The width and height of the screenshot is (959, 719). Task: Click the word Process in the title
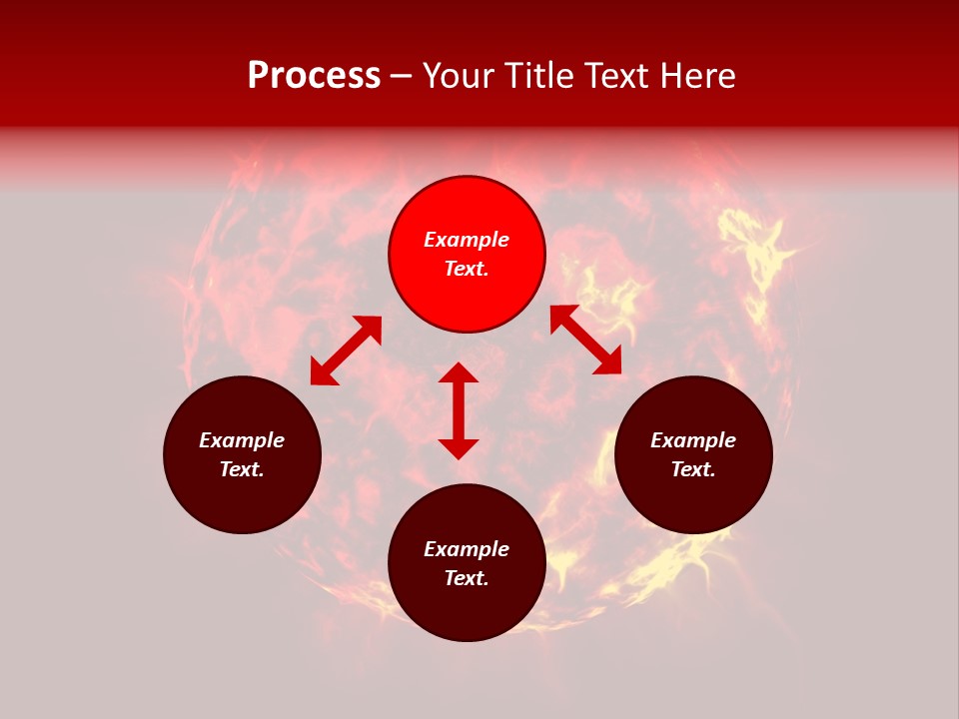point(314,76)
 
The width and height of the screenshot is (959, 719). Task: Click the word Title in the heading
point(538,76)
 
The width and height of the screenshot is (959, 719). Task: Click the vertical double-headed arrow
point(459,410)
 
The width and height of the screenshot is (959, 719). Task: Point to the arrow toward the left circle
point(346,350)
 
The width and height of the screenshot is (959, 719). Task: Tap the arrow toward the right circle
point(585,340)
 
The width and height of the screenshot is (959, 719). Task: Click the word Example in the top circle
point(467,240)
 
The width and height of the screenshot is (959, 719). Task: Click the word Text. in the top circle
point(467,269)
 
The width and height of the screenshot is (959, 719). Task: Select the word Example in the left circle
point(242,440)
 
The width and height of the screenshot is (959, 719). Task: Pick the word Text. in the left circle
point(242,469)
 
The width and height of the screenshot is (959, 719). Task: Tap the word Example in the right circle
point(693,440)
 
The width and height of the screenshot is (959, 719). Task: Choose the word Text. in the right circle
point(693,469)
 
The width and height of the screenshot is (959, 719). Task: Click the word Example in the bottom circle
point(467,549)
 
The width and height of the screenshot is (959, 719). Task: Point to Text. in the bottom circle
point(467,578)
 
